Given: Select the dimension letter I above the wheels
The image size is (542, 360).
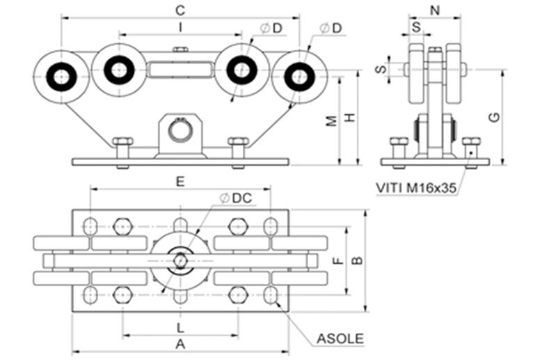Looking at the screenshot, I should point(180,27).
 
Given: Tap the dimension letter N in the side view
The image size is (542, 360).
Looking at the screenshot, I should point(436,10).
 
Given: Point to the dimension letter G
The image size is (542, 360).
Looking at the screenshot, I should point(493,118).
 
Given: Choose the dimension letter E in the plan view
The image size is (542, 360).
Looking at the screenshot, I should point(180,182).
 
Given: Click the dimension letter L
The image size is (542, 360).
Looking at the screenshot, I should point(180,327).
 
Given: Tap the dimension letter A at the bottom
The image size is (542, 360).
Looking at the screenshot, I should point(180,343).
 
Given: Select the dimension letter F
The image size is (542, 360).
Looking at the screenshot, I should point(336,261).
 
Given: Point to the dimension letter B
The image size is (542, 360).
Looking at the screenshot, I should point(356,260).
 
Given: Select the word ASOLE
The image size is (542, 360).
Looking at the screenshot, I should point(340,339).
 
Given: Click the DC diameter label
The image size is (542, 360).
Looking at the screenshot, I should point(235,198).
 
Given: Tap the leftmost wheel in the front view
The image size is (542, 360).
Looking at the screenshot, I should point(61,76).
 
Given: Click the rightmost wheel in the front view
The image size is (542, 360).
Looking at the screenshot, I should point(299,76).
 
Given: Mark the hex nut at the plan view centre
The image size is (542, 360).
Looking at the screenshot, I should point(180,260).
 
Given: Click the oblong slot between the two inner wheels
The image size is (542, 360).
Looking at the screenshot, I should point(180,70).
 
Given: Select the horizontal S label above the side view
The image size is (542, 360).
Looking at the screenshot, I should point(416,26).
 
